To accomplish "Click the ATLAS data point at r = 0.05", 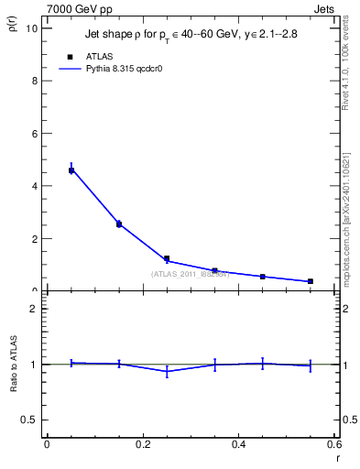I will click(71, 170).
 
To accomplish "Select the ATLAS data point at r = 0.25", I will click(167, 258).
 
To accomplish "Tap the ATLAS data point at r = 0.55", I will click(311, 281).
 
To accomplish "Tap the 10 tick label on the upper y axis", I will click(32, 27).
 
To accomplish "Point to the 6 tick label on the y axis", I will click(35, 134).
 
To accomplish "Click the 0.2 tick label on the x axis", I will click(142, 444).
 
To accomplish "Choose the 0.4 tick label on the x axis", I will click(238, 444).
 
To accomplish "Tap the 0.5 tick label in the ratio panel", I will click(29, 420).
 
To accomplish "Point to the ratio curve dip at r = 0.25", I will click(167, 371).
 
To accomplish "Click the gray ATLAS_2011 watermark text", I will click(190, 273).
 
